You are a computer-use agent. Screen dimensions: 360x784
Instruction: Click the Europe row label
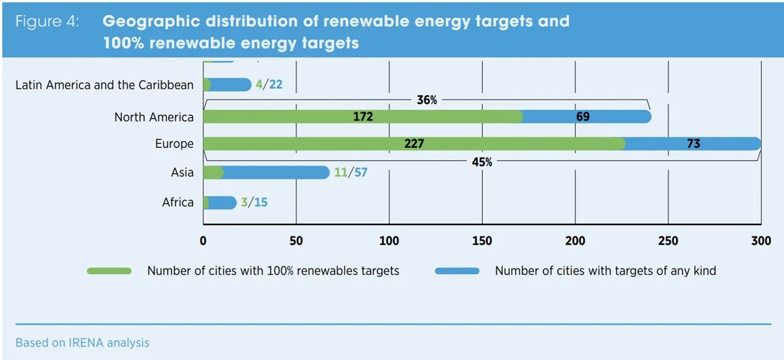(174, 144)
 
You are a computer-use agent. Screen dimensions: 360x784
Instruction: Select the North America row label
(154, 117)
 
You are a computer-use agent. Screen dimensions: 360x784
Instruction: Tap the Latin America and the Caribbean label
(104, 85)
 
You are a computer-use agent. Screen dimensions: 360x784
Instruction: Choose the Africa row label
(178, 202)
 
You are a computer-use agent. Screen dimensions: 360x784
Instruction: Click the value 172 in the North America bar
(363, 117)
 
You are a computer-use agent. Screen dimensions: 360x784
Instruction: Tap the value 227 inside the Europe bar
(414, 144)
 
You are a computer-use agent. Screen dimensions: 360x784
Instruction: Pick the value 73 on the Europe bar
(693, 144)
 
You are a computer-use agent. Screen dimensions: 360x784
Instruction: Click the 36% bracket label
(427, 100)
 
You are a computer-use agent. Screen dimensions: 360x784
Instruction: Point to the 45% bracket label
(481, 162)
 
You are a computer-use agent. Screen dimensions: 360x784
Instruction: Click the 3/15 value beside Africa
(254, 202)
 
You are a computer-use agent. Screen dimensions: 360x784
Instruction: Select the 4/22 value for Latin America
(269, 85)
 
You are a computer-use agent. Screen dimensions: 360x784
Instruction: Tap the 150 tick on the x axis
(482, 241)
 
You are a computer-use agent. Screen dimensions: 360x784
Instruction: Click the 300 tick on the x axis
(761, 241)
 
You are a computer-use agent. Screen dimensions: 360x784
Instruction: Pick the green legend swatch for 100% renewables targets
(109, 271)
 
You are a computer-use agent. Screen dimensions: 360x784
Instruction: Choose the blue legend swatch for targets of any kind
(457, 271)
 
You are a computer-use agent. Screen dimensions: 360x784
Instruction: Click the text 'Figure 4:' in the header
(47, 21)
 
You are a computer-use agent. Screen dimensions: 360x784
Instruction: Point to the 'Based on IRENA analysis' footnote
(82, 342)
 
